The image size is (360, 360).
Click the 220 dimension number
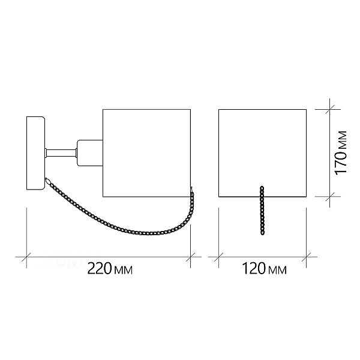pyautogui.click(x=100, y=268)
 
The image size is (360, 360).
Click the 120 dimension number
pyautogui.click(x=254, y=268)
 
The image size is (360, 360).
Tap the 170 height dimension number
pyautogui.click(x=341, y=163)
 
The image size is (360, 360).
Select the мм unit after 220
pyautogui.click(x=123, y=270)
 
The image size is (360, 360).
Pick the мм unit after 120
pyautogui.click(x=277, y=270)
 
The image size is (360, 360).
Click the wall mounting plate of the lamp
pyautogui.click(x=35, y=153)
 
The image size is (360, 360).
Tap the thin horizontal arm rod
pyautogui.click(x=61, y=153)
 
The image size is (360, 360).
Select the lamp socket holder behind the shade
pyautogui.click(x=90, y=152)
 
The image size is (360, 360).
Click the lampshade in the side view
pyautogui.click(x=147, y=153)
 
